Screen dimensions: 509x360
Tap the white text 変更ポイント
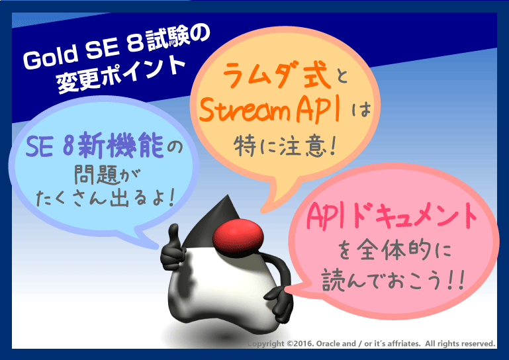[x=120, y=75]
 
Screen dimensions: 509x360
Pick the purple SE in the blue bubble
[x=40, y=146]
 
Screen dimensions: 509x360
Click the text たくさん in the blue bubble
[x=71, y=198]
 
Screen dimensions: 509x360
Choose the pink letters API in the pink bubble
[x=328, y=216]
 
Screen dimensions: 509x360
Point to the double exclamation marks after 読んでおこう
[x=455, y=281]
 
